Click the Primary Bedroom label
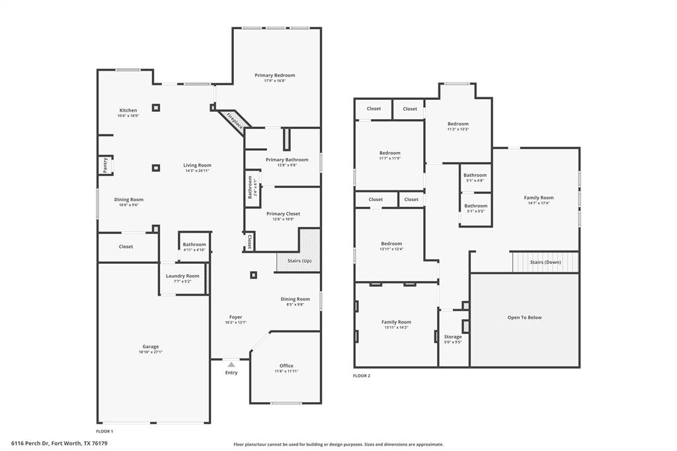(275, 75)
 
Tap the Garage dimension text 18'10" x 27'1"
(151, 352)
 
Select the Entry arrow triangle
(231, 364)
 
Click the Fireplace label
(234, 120)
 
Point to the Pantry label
(104, 165)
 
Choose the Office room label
(286, 366)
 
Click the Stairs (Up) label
(299, 261)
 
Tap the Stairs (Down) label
(545, 262)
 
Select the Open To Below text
(524, 317)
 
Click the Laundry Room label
(182, 276)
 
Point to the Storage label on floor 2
(453, 337)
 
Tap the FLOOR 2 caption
(362, 376)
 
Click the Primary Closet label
(284, 214)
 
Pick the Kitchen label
(128, 110)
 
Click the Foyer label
(235, 317)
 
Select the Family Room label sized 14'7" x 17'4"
(539, 198)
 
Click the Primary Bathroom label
(287, 159)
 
